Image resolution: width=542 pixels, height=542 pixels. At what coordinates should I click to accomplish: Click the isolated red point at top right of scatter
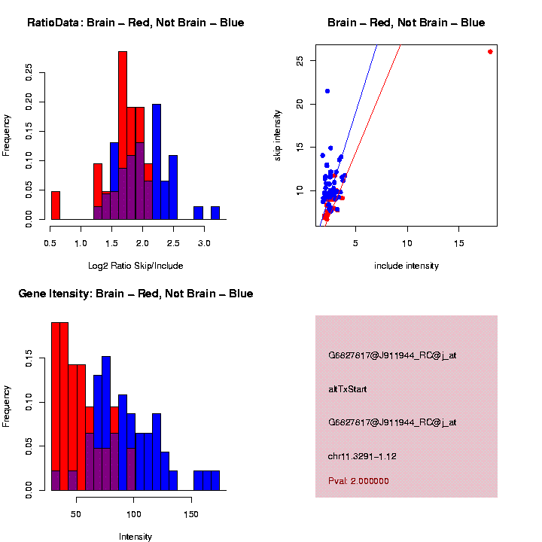click(490, 52)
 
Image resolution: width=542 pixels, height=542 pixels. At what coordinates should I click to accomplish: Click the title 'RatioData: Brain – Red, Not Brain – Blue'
click(135, 23)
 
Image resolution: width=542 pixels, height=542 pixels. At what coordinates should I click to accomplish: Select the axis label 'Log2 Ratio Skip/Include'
click(135, 266)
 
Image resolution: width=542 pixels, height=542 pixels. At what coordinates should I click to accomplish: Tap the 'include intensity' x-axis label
click(406, 266)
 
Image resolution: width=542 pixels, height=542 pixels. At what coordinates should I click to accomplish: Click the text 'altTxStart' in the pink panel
click(347, 389)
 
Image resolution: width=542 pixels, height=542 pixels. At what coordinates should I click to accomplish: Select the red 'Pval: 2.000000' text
click(358, 481)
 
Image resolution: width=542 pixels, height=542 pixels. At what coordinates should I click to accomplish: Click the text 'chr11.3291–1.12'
click(362, 455)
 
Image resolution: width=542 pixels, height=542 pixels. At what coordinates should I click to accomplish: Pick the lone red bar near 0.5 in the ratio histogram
click(56, 205)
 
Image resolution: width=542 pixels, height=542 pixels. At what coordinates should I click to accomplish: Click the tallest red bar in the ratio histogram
click(123, 135)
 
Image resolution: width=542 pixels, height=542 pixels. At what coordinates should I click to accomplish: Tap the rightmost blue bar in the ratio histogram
click(215, 213)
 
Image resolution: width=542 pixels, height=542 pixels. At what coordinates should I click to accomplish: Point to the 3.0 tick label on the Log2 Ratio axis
click(202, 244)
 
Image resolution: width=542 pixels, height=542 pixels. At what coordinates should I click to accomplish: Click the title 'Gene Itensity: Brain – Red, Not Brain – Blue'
click(135, 294)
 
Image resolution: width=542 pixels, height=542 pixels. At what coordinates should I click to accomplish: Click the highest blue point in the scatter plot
click(327, 91)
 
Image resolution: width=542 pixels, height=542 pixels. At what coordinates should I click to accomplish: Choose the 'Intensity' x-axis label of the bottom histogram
click(135, 537)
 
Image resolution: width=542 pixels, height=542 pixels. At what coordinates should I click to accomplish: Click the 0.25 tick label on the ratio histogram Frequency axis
click(29, 72)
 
